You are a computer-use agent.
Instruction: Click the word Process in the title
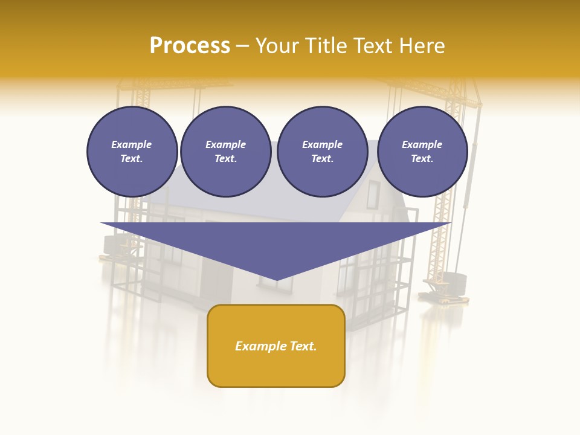pos(190,46)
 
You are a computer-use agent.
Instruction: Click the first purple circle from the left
pos(132,152)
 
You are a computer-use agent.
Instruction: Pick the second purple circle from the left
pos(225,152)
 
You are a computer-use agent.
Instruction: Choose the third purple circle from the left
pos(322,152)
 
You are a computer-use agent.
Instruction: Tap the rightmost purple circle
pos(422,152)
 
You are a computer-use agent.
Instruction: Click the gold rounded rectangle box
pos(276,346)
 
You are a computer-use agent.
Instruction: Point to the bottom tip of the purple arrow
pos(276,280)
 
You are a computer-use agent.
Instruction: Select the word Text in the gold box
pos(303,346)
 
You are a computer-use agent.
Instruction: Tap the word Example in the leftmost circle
pos(132,145)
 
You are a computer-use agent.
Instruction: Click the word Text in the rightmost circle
pos(422,159)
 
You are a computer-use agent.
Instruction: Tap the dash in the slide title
pos(242,46)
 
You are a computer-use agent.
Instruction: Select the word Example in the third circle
pos(322,145)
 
